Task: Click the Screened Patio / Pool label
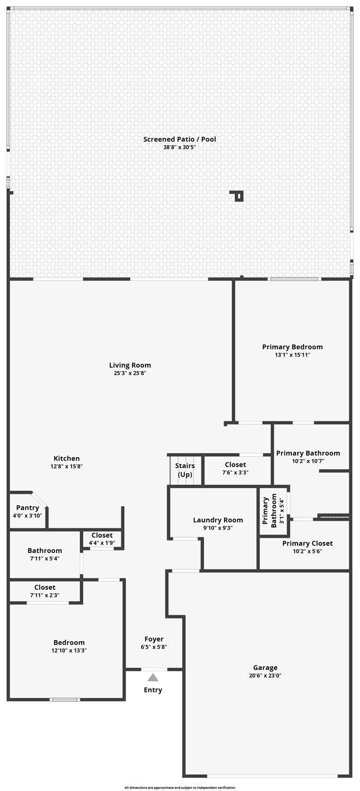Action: (x=180, y=139)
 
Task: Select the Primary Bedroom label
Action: (x=293, y=347)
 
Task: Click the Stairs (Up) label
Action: (x=185, y=470)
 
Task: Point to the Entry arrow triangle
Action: (x=153, y=678)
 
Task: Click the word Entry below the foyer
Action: (x=153, y=690)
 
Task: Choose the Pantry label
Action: (x=27, y=508)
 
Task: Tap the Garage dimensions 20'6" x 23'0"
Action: (x=265, y=676)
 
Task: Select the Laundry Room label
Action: (x=218, y=520)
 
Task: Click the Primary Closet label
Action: (x=307, y=543)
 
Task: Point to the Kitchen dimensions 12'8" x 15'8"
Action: (x=66, y=466)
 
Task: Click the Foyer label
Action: (x=153, y=639)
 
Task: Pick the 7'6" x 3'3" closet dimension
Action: (x=235, y=472)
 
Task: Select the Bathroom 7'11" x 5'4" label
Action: (x=45, y=551)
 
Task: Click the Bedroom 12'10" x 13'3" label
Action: (x=69, y=643)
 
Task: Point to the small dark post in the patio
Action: (x=238, y=196)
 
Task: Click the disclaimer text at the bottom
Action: (x=180, y=787)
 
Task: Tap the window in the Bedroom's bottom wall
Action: (x=65, y=699)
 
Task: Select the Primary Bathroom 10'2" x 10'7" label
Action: (x=308, y=453)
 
